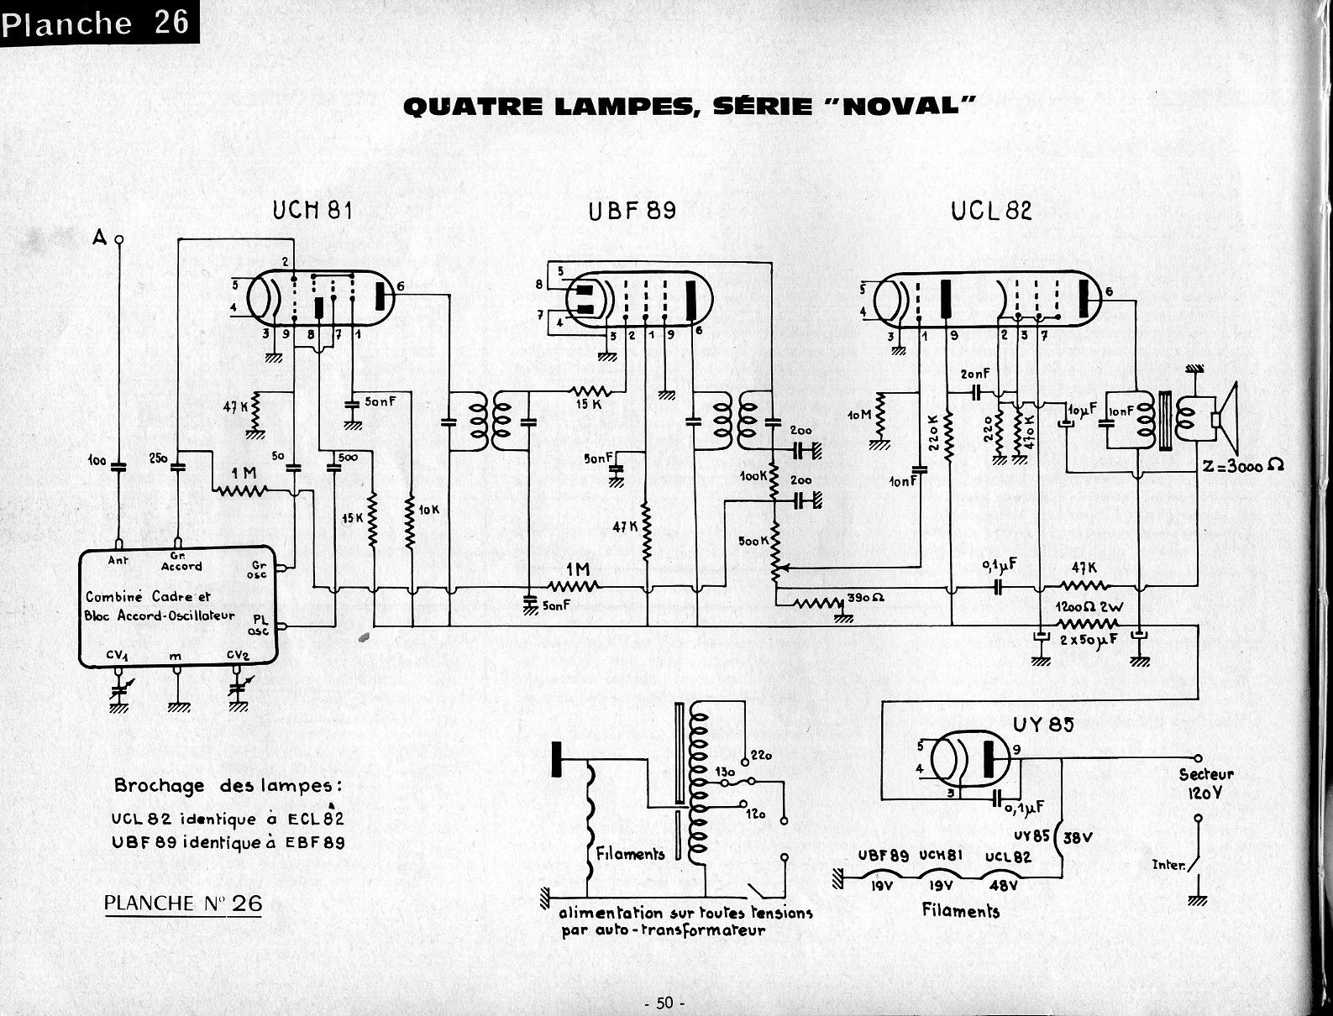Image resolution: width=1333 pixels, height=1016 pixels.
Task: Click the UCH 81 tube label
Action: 312,210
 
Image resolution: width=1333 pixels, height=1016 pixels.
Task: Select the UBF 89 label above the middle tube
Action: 632,210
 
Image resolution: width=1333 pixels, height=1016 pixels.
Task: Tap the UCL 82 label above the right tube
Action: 991,210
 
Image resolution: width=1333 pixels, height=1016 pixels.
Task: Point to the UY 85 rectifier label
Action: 1043,723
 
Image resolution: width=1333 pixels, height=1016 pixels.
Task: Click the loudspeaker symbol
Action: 1227,417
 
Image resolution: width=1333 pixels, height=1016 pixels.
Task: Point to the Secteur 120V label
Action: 1206,783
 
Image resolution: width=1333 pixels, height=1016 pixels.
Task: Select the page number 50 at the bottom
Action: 665,1003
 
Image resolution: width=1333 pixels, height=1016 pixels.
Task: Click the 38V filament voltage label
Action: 1079,837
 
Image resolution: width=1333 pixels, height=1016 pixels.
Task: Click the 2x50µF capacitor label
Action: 1089,641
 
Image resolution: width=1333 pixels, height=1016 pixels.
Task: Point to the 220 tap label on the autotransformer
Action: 763,756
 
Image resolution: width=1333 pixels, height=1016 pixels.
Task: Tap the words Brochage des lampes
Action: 228,787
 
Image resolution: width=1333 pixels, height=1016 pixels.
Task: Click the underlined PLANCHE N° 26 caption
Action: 183,903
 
